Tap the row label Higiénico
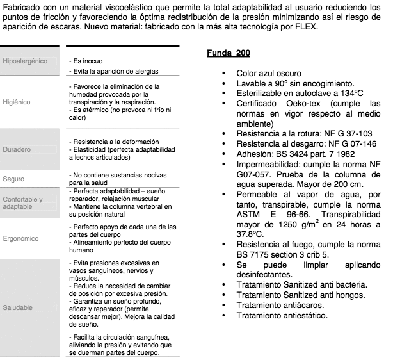pyautogui.click(x=16, y=102)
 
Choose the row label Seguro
pyautogui.click(x=14, y=179)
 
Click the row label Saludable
pyautogui.click(x=18, y=307)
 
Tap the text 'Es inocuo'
pyautogui.click(x=86, y=60)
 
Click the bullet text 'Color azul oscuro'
pyautogui.click(x=269, y=74)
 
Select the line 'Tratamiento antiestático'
pyautogui.click(x=282, y=315)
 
